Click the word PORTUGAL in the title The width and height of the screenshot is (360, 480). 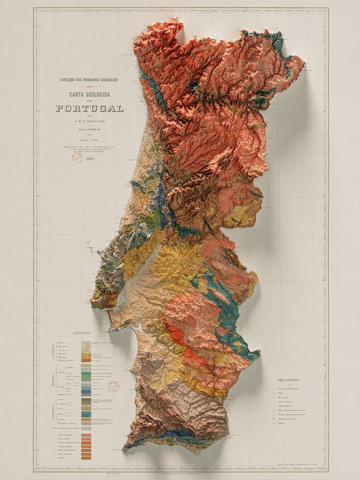pos(89,108)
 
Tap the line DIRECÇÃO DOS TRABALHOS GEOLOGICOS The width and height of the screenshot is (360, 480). pos(89,80)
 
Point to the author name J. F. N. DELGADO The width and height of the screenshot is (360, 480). pos(89,123)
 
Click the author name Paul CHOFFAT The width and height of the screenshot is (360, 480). pos(89,130)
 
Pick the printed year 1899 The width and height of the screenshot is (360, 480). pos(89,160)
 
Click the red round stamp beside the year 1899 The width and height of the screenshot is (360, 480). pos(77,158)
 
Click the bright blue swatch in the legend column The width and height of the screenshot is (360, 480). pos(86,391)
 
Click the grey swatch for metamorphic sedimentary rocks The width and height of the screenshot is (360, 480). pos(86,427)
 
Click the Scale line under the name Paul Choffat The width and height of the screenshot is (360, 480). pos(89,140)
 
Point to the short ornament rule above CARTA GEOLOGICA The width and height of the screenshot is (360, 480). pos(89,87)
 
